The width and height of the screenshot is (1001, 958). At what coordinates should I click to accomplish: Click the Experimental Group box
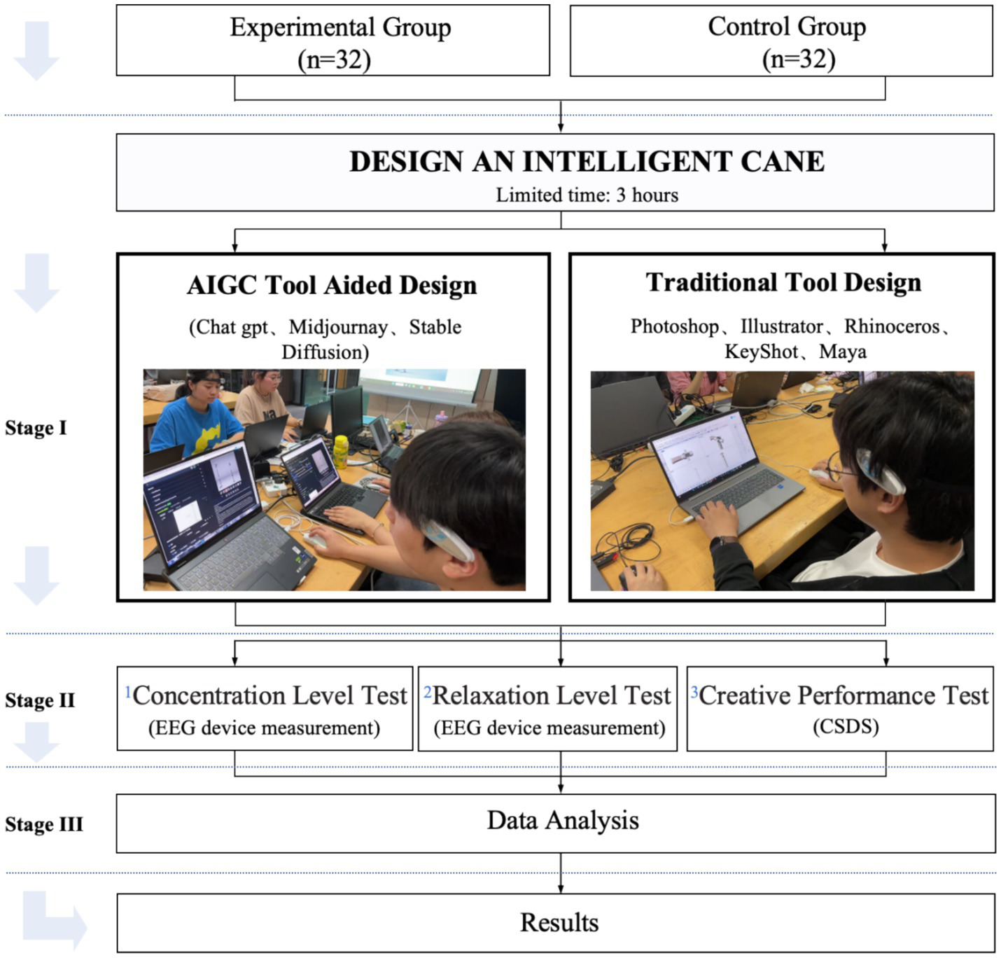(333, 41)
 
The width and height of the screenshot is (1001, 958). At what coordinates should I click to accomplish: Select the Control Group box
(781, 41)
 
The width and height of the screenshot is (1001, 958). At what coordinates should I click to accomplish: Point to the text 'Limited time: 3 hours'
(587, 195)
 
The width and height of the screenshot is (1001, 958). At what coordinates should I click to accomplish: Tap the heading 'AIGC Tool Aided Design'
(332, 286)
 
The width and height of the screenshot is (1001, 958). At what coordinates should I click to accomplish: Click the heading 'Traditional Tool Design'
(783, 282)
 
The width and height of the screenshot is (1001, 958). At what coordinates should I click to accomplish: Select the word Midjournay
(338, 327)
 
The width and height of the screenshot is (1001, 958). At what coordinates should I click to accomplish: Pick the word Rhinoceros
(892, 326)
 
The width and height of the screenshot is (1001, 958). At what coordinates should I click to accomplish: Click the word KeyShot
(761, 351)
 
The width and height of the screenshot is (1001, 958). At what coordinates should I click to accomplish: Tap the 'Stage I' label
(36, 428)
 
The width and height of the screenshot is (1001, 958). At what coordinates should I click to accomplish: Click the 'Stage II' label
(40, 700)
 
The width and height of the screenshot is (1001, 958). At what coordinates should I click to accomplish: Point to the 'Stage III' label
(43, 824)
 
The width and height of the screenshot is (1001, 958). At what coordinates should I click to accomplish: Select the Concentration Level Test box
(265, 709)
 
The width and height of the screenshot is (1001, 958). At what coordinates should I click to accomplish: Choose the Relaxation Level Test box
(547, 709)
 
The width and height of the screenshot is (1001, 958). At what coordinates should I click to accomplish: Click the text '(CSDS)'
(846, 727)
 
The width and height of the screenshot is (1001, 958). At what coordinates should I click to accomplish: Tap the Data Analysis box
(555, 823)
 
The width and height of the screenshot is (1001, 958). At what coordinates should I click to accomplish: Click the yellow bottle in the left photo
(341, 451)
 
